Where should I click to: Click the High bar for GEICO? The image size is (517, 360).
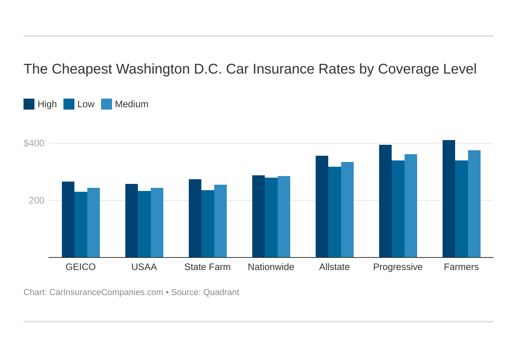[68, 220]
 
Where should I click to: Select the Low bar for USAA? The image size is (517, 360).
[144, 224]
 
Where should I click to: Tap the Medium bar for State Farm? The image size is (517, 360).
[221, 221]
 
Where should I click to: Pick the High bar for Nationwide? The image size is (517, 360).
[258, 216]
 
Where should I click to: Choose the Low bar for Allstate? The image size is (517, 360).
[334, 212]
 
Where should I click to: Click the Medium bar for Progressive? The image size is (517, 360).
[411, 206]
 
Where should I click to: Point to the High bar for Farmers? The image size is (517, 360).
[449, 199]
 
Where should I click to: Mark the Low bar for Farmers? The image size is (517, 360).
[461, 209]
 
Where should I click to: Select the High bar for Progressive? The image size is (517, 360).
[385, 201]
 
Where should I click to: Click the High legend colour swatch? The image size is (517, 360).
[29, 104]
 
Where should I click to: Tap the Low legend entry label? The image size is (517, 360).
[86, 104]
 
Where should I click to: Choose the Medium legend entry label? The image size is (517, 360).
[132, 104]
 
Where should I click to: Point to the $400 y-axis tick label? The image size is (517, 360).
[34, 143]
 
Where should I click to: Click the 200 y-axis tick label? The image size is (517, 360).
[36, 200]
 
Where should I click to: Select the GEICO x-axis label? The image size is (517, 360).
[81, 267]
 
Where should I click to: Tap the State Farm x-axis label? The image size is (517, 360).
[208, 267]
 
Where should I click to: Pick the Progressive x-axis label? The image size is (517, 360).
[398, 267]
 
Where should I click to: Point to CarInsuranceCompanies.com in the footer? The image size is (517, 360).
[106, 292]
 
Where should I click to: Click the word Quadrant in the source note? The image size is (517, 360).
[221, 292]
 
